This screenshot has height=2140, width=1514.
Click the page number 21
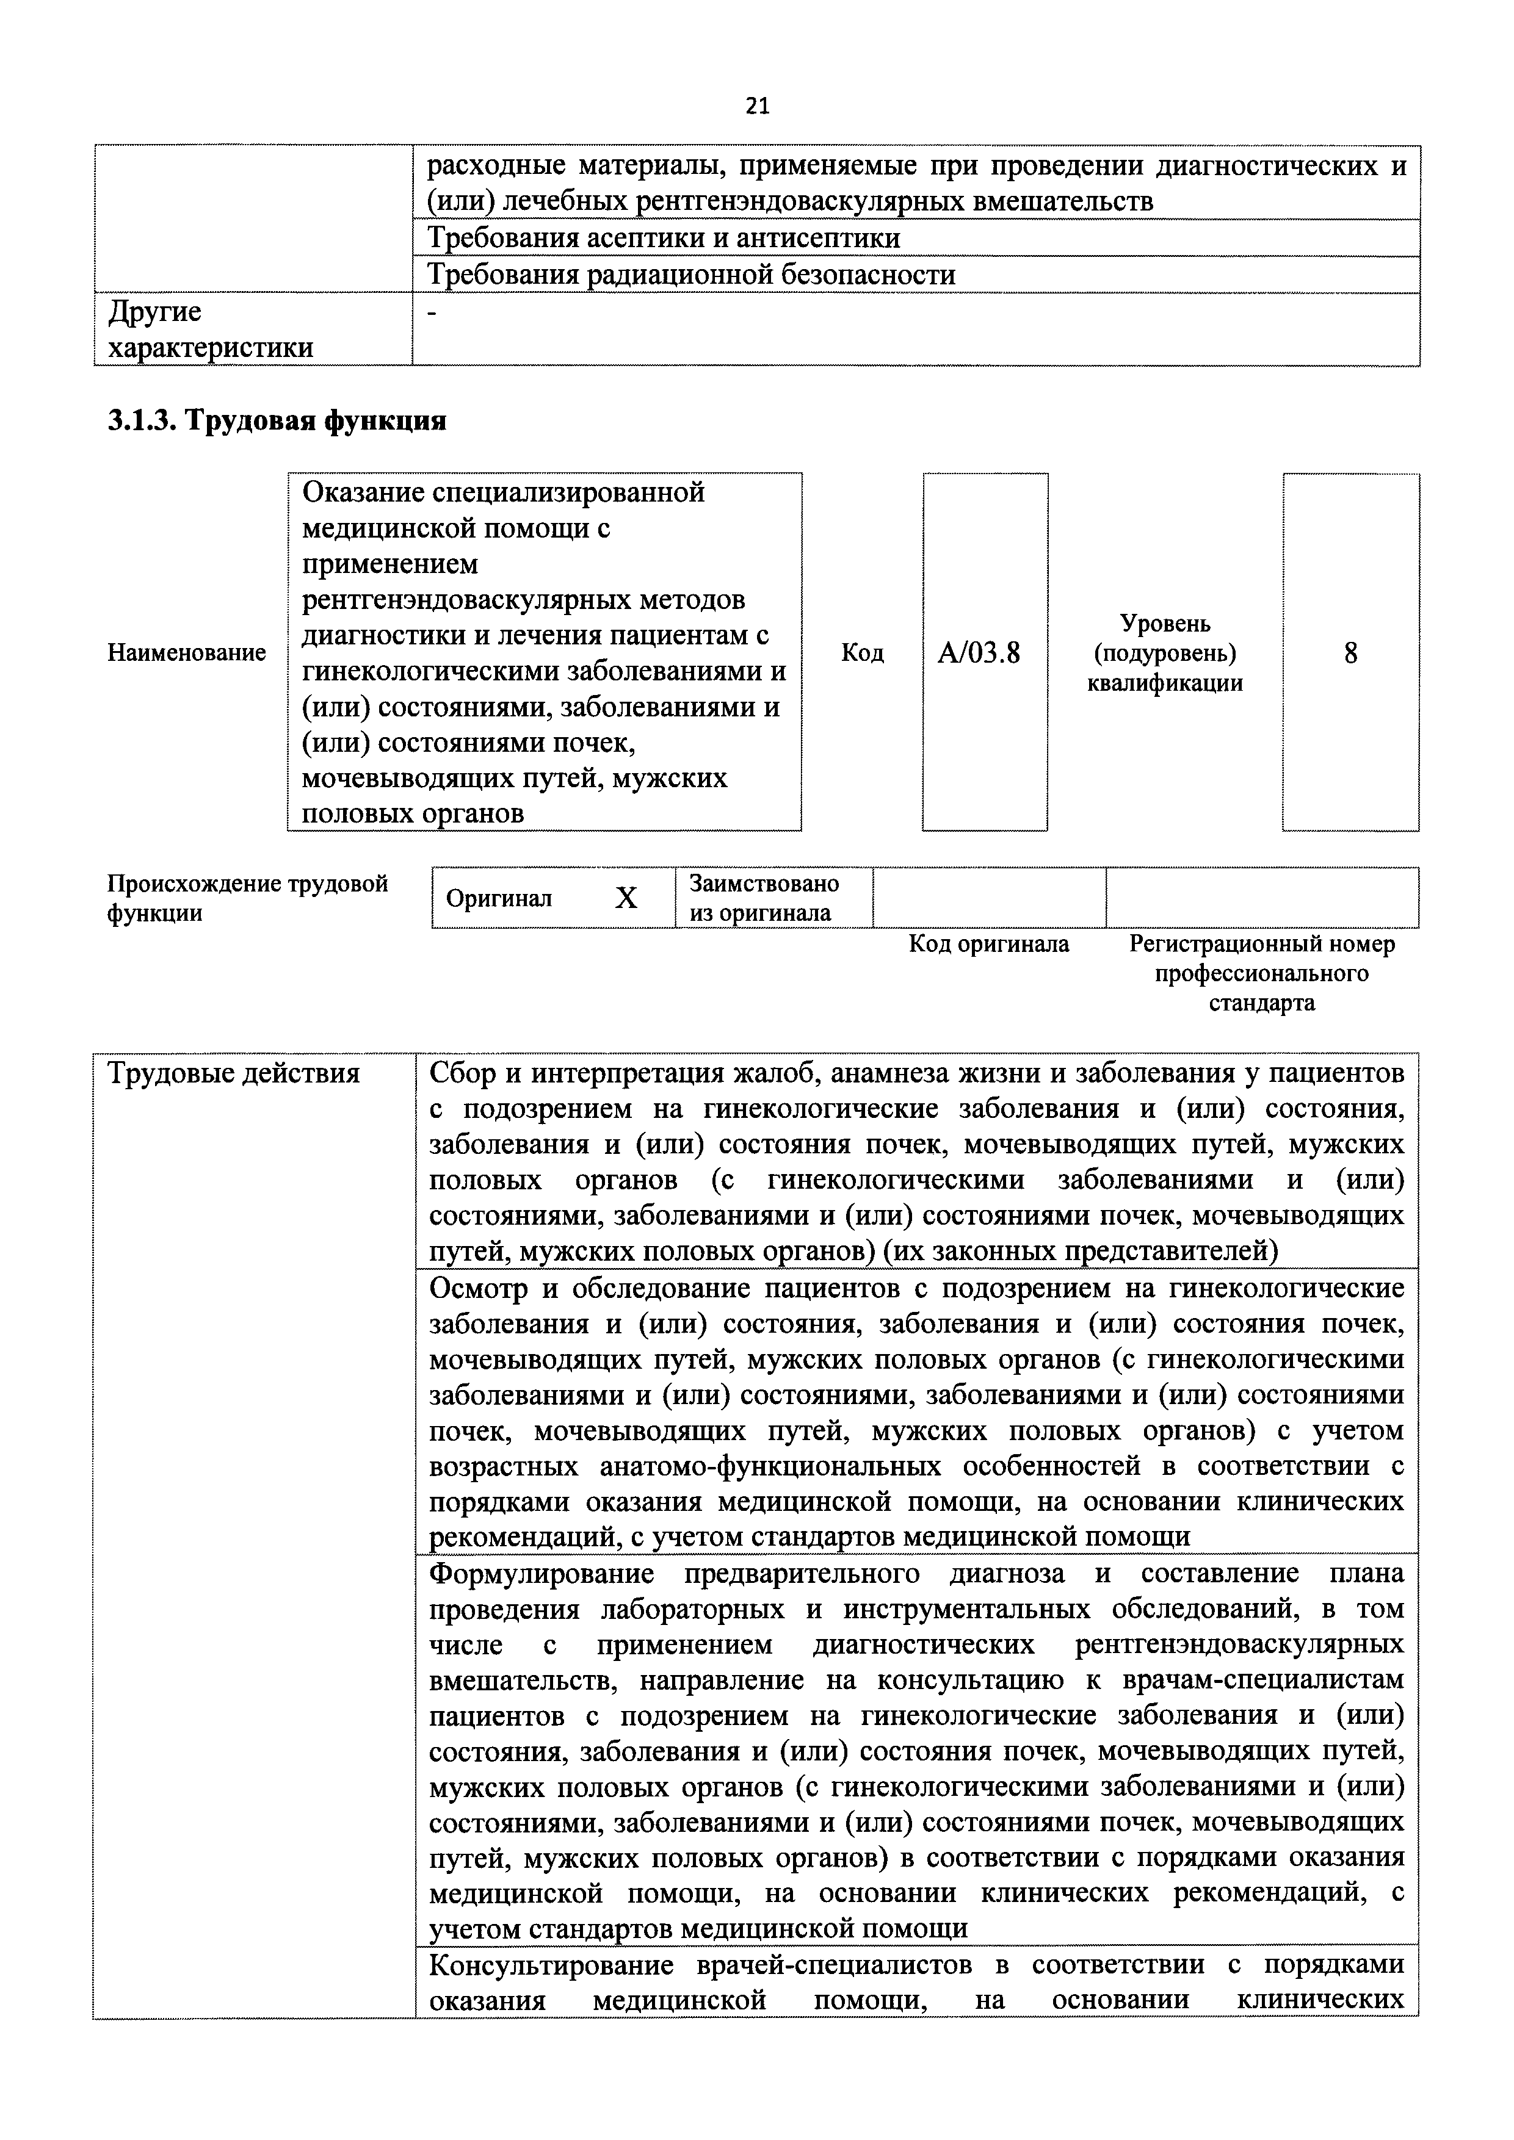[757, 106]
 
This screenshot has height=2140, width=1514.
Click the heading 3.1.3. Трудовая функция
[277, 421]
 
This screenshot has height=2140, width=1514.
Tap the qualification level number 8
[1350, 654]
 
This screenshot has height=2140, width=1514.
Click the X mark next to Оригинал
[626, 898]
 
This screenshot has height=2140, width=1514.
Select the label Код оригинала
[989, 944]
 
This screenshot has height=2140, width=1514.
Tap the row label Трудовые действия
[234, 1074]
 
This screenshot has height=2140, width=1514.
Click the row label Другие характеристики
[211, 329]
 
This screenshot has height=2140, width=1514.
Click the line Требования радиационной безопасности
[691, 275]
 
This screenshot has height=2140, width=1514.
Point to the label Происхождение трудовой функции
[247, 898]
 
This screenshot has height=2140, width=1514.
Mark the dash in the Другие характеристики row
[431, 315]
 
